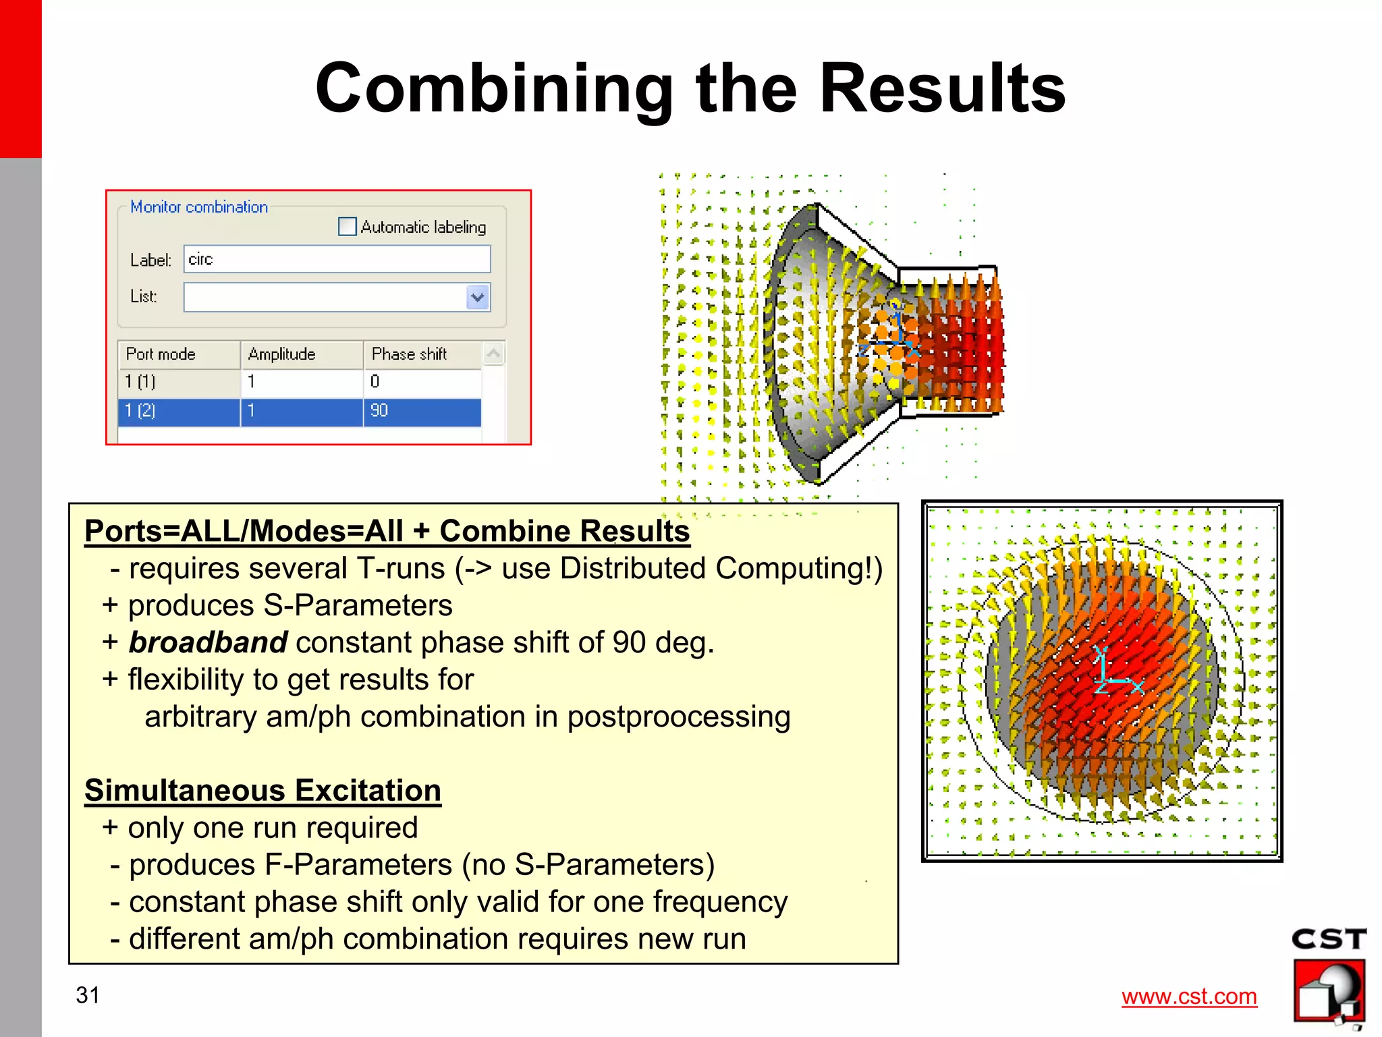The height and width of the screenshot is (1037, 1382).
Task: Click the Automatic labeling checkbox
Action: (347, 227)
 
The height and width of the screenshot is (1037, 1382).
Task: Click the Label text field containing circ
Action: (337, 260)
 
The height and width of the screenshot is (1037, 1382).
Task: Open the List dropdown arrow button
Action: (478, 297)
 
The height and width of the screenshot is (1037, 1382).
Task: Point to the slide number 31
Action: (88, 995)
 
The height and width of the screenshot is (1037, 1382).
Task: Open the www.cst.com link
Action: (1189, 997)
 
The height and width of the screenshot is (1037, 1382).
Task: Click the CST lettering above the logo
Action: (1329, 939)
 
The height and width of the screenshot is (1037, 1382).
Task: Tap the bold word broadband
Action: (208, 642)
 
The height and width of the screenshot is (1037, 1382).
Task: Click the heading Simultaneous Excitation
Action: (262, 790)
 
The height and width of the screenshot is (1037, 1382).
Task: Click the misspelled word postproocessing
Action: (678, 717)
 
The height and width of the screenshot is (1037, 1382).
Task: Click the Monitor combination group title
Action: (199, 207)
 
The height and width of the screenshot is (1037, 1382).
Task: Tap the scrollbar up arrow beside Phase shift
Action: (494, 354)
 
